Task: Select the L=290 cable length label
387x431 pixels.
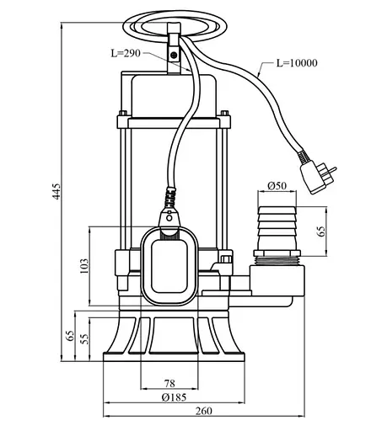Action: click(x=126, y=52)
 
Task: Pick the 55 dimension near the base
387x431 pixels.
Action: click(x=84, y=338)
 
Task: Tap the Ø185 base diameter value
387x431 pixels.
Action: click(x=174, y=396)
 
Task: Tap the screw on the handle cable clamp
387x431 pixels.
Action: click(x=175, y=55)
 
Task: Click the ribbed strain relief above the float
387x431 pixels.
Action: click(x=172, y=200)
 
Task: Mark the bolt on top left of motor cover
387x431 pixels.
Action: click(x=124, y=114)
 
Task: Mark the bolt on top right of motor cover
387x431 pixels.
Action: click(x=224, y=114)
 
